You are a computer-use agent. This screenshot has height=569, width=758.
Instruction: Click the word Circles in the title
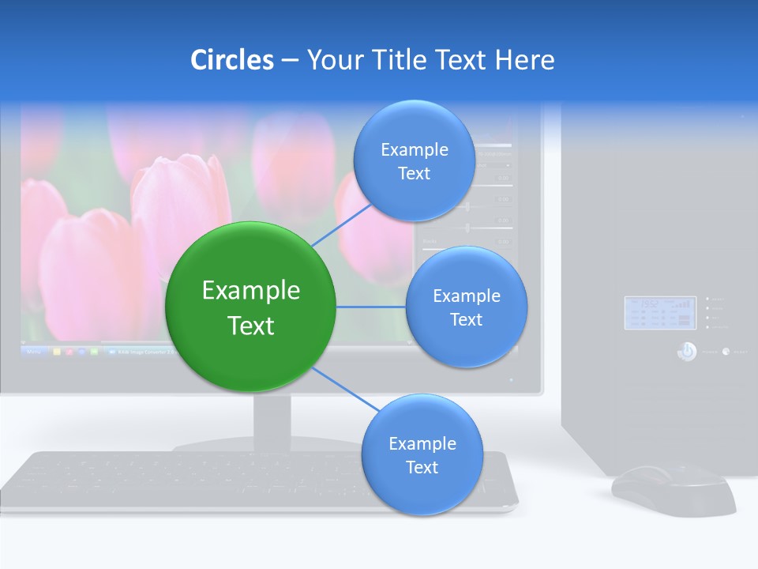[232, 60]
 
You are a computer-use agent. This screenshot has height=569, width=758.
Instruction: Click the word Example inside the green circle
[251, 291]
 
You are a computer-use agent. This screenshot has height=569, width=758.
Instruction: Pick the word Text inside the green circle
[251, 326]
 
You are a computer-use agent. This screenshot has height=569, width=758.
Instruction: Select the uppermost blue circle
[414, 161]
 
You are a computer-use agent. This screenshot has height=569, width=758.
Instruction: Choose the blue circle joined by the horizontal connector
[467, 307]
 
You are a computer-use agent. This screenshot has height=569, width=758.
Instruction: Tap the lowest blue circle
[422, 455]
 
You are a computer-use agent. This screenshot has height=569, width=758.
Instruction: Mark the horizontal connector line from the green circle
[371, 307]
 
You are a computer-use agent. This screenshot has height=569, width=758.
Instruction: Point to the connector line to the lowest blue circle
[345, 388]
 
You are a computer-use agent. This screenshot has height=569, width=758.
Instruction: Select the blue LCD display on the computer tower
[660, 313]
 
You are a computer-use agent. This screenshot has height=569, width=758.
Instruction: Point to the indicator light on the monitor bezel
[511, 380]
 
